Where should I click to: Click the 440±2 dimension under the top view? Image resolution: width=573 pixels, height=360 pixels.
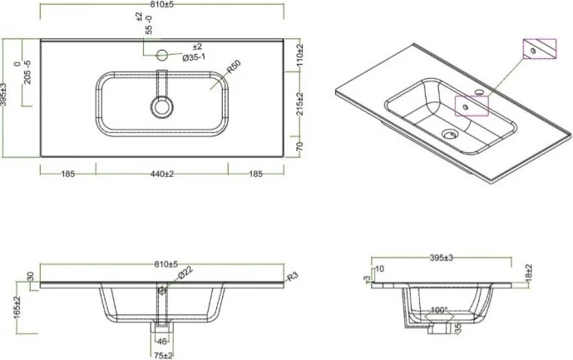click(161, 175)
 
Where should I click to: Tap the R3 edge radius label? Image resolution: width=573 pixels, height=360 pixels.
click(291, 277)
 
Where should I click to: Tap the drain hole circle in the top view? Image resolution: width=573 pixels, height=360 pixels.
click(161, 106)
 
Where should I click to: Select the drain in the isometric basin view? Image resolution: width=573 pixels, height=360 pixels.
click(449, 131)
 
